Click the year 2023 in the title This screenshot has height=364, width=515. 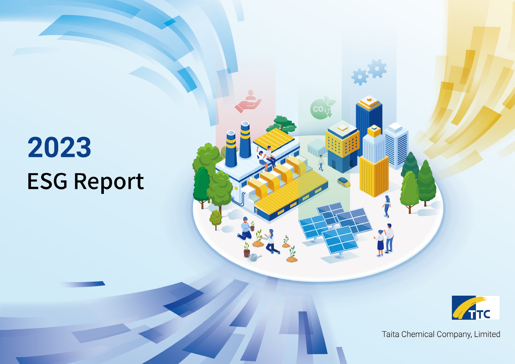pos(59,147)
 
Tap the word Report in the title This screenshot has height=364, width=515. pos(109,182)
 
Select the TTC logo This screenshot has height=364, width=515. pos(476,307)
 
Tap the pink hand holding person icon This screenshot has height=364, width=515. pos(248,101)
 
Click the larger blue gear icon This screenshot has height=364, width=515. pos(377,69)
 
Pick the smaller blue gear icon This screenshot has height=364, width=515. pos(360,77)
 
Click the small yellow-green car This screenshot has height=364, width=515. pos(344,182)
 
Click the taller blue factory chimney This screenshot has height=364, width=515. pos(245,140)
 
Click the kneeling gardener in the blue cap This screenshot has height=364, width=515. pos(245,229)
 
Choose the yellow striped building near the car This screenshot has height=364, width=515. pos(374,176)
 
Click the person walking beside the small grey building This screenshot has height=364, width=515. pos(321,163)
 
